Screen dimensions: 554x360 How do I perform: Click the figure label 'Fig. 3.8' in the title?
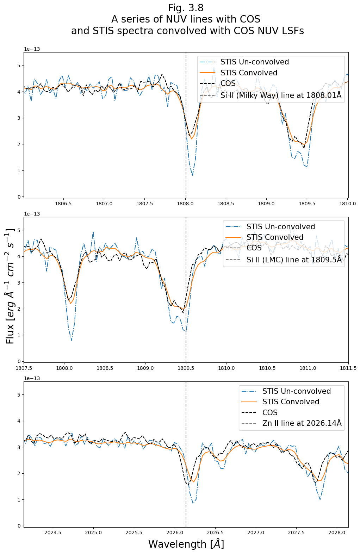tap(186, 8)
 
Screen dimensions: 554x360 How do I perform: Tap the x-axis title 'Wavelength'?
tap(186, 544)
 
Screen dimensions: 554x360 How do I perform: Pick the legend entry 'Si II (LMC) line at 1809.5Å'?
tap(294, 260)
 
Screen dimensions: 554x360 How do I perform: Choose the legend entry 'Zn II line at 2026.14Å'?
tap(302, 423)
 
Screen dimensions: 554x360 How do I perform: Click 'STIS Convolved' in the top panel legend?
tap(249, 73)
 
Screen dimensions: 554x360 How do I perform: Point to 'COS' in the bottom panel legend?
tap(270, 413)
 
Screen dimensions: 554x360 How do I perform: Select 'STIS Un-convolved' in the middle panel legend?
tap(280, 227)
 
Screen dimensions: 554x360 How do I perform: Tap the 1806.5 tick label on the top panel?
tap(64, 204)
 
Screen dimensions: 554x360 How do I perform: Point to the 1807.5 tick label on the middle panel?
tap(24, 368)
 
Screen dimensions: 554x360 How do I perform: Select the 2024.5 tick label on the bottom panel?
tap(53, 533)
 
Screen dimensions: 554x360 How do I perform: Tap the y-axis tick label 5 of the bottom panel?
tap(19, 395)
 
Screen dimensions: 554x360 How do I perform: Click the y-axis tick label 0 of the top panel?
tap(19, 197)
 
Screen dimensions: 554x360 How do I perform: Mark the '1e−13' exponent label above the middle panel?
tap(32, 214)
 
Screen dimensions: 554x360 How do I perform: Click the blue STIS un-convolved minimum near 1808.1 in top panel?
tap(192, 175)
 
